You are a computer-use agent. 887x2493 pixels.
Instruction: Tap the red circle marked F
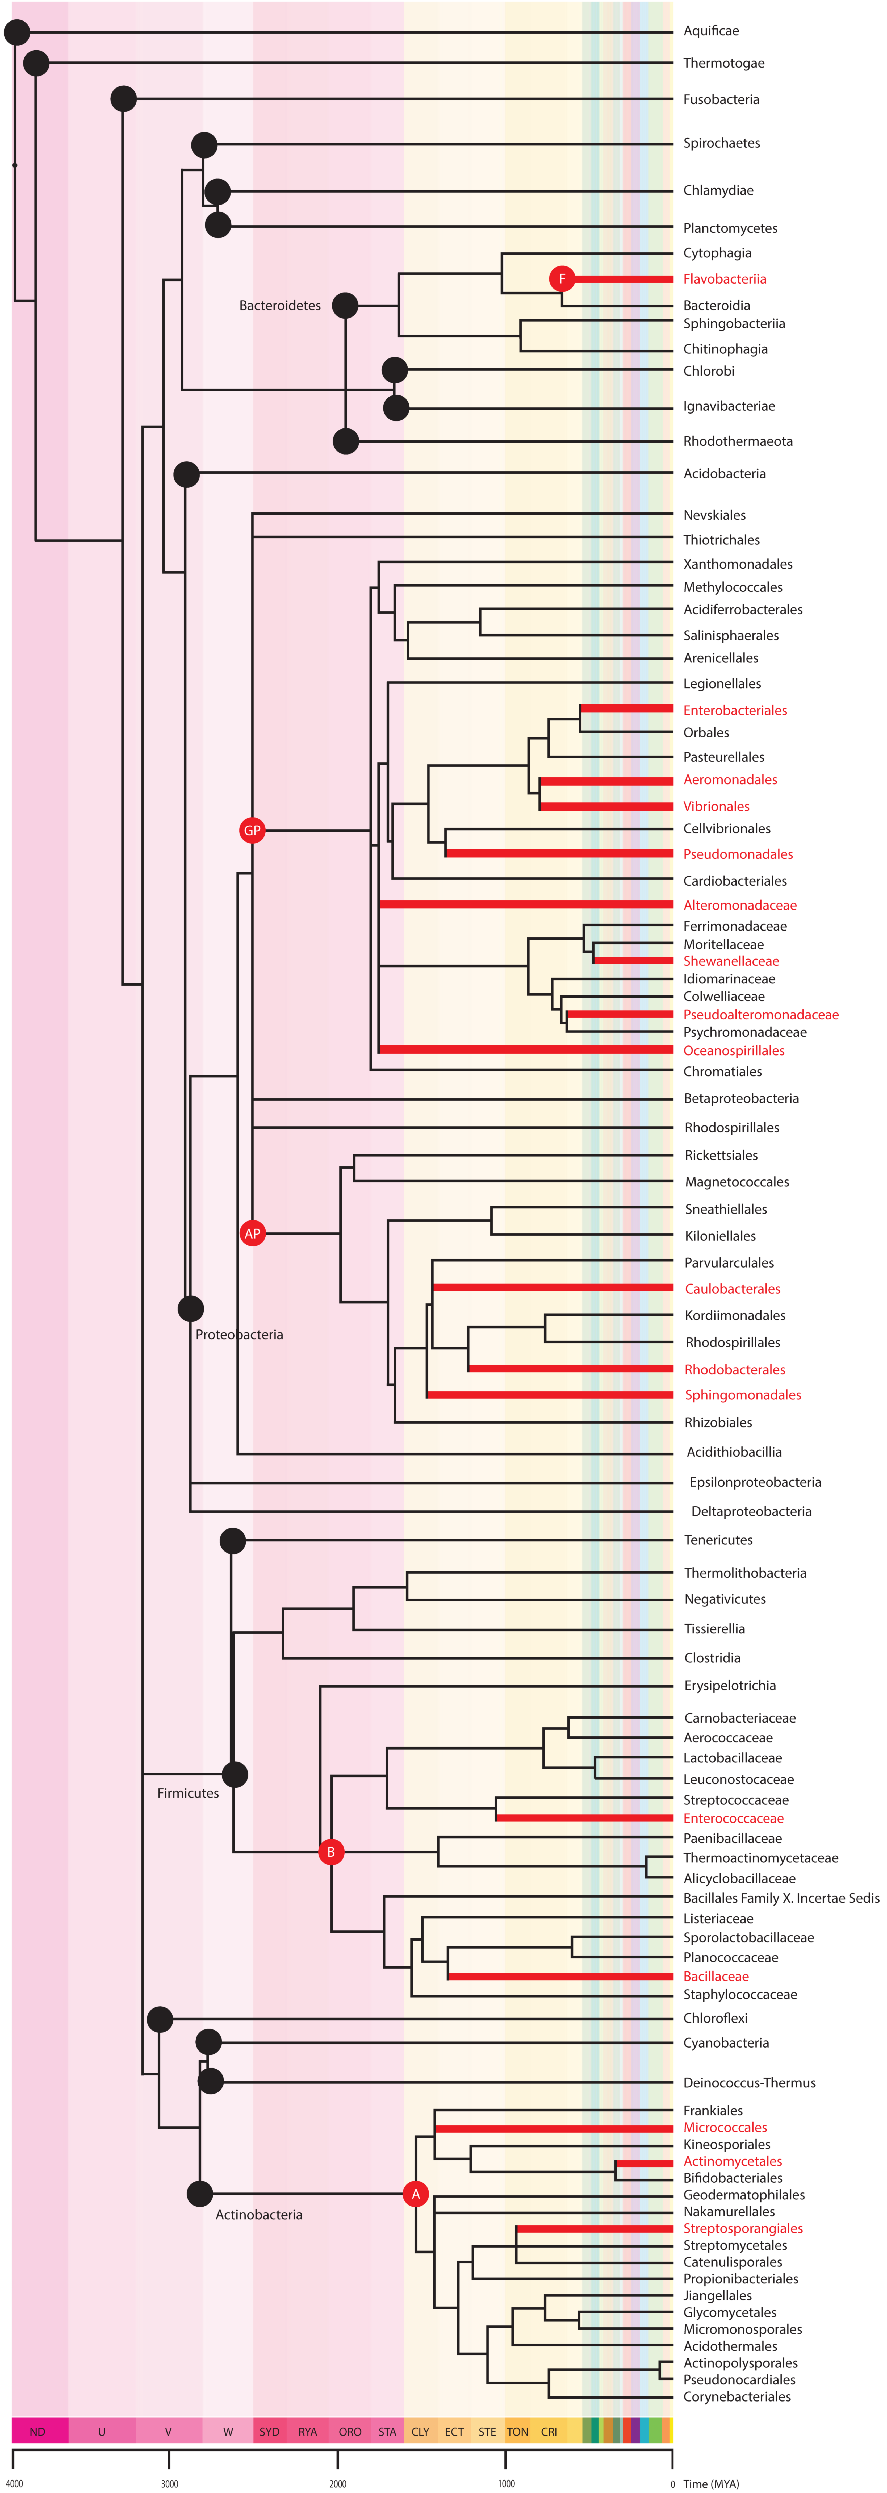562,279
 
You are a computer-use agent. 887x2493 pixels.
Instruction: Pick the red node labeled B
331,1851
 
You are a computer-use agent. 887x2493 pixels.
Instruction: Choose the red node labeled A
416,2194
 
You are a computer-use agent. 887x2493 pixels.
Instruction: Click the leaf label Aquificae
711,31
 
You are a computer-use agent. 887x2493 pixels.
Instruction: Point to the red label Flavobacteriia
725,279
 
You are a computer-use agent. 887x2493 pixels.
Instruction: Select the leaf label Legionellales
722,683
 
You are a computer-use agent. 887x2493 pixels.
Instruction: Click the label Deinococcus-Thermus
749,2083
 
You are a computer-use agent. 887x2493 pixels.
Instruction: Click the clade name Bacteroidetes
279,306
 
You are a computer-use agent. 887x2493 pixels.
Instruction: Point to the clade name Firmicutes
188,1793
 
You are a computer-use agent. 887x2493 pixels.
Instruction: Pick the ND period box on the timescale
38,2431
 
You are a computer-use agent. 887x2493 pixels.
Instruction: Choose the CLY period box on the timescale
420,2431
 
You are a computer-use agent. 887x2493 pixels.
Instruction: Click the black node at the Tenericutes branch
232,1540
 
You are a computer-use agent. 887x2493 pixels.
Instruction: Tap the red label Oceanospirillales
733,1050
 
